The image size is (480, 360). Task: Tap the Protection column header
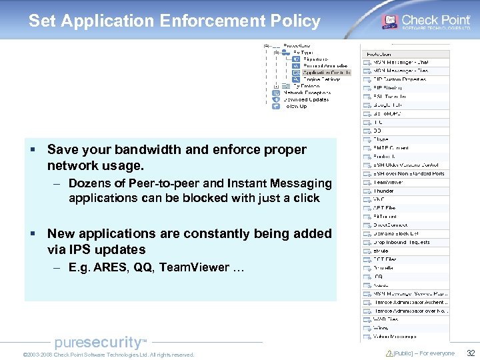[378, 54]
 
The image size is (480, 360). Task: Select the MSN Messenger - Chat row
[400, 63]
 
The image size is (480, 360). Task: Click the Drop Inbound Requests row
[401, 242]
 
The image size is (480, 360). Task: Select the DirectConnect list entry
[390, 225]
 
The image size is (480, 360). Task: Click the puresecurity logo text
[99, 343]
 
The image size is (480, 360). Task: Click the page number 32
[470, 353]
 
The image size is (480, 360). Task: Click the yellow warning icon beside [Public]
[389, 353]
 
